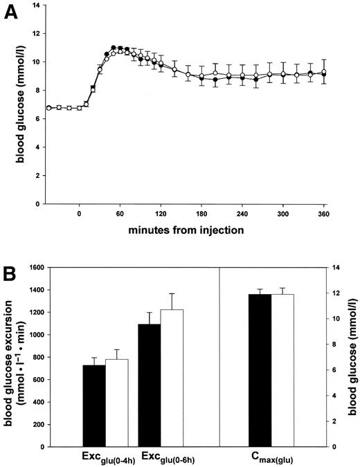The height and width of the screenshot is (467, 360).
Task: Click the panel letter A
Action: (x=12, y=15)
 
